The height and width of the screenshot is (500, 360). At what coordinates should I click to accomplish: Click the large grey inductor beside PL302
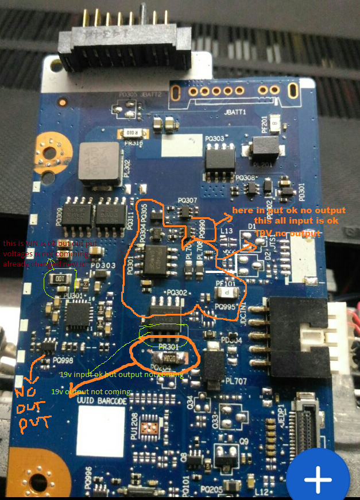pos(98,164)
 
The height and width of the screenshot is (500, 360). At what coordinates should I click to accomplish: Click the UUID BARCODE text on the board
pos(102,401)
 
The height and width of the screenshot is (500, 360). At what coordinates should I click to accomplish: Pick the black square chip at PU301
pos(79,315)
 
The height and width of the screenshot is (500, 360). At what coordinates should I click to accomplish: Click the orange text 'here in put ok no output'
pos(290,211)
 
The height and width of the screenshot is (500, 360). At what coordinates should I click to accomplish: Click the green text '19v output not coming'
pos(91,391)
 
